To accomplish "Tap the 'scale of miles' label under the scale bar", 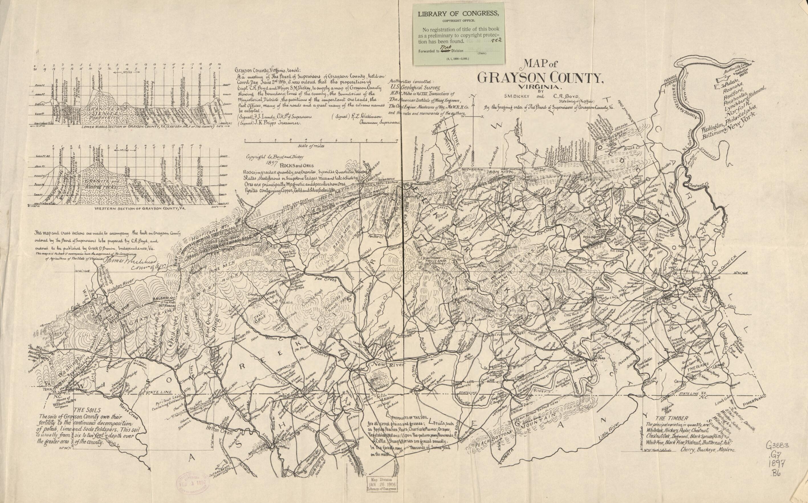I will coord(311,146).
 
